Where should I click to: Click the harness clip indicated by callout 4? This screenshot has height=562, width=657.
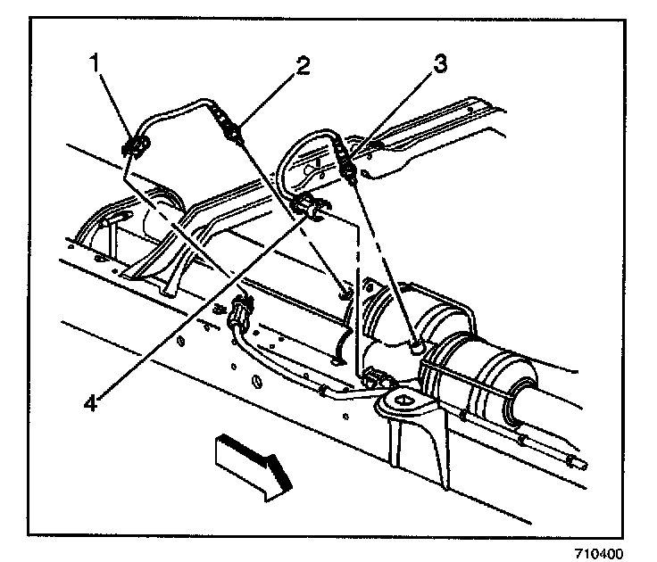click(310, 206)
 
